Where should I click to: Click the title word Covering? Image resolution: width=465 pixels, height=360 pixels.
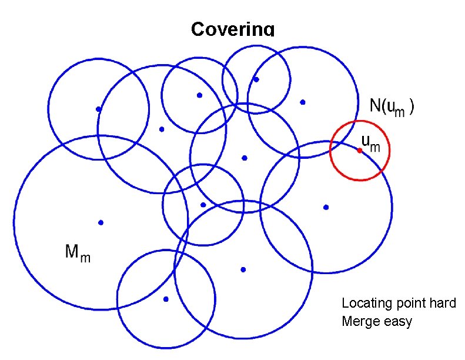point(233,29)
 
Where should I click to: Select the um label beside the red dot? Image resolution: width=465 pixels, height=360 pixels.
point(371,143)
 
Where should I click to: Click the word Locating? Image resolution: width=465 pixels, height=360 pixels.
point(366,304)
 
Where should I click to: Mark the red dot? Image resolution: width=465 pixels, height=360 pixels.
point(359,151)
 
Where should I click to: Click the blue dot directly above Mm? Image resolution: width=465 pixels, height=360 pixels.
point(101,222)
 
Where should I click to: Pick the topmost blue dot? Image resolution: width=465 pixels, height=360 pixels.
point(256,79)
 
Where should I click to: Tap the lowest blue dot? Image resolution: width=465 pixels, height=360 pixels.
point(166,299)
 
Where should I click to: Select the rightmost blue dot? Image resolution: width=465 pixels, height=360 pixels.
point(326,207)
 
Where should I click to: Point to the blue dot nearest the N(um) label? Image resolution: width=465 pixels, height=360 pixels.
point(303,102)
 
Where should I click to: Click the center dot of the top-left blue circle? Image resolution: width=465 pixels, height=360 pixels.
point(99,109)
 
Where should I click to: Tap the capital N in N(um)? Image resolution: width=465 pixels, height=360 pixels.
point(374,106)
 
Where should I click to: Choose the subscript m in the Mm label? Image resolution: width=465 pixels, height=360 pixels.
point(86,257)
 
